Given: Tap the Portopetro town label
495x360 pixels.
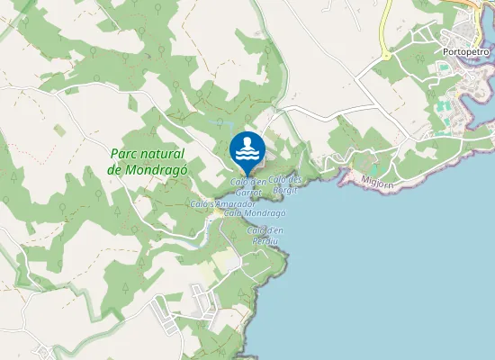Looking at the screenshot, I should tap(465, 52).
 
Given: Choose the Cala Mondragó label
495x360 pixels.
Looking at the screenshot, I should tap(255, 213).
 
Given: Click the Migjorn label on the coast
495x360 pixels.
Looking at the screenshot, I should tap(377, 182).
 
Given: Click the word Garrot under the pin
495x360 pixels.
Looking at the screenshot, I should tap(247, 193).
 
